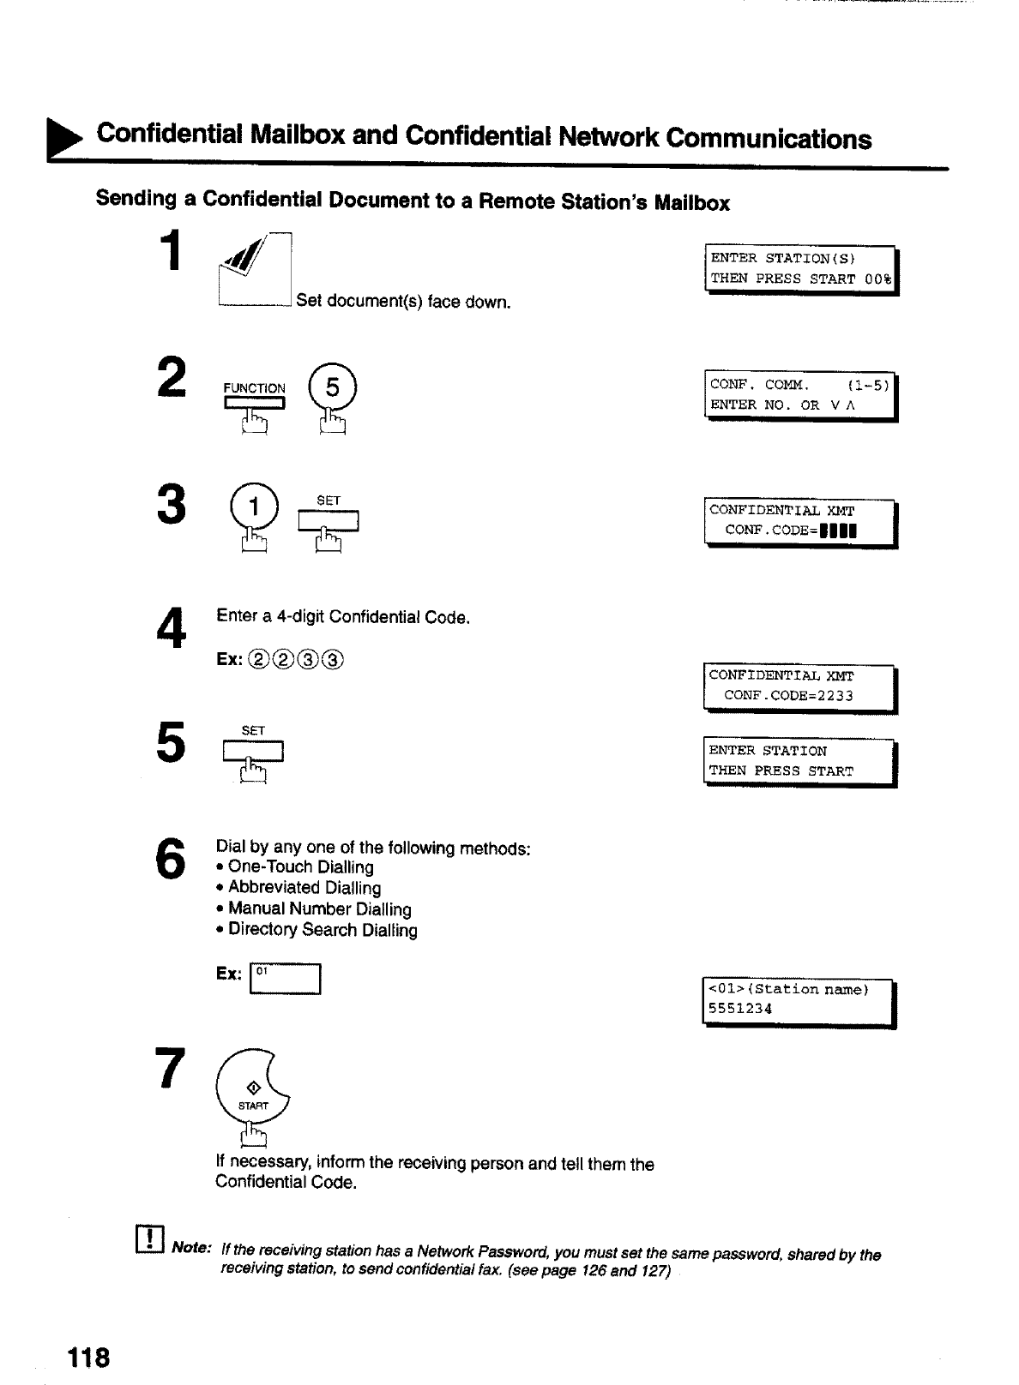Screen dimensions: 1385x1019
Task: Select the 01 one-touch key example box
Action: [284, 979]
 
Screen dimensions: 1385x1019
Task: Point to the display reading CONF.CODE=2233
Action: [799, 688]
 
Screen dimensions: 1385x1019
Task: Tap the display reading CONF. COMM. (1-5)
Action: [800, 397]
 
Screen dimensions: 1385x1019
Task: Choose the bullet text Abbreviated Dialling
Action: [304, 888]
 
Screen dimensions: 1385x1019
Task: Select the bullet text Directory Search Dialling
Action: [323, 930]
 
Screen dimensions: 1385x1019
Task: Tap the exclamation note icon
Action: [149, 1240]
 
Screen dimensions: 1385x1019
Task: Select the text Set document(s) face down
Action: [403, 302]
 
